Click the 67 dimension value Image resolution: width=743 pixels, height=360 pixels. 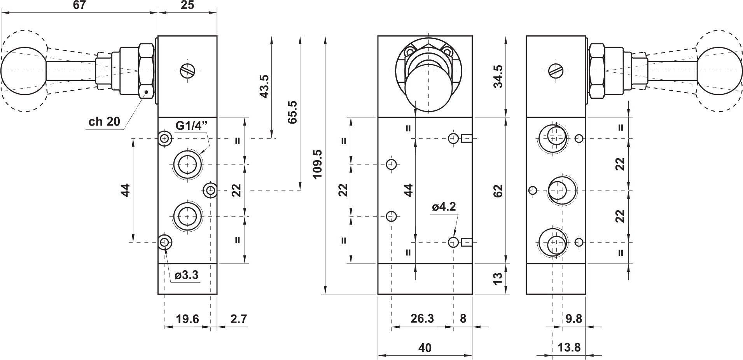79,5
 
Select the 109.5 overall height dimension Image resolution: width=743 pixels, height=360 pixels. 318,164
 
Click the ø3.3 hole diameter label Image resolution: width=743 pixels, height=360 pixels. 187,275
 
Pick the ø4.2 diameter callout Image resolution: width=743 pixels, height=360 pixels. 444,207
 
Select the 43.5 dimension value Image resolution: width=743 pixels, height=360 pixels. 264,86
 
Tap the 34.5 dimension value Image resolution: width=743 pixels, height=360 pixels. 498,76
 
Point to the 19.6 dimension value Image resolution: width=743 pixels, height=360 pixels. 187,319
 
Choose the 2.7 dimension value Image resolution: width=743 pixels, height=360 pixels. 238,319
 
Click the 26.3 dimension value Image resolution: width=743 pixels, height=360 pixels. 422,318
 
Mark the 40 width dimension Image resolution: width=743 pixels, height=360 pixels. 425,348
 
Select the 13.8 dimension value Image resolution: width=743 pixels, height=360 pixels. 570,347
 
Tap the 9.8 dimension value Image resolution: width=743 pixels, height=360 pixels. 574,318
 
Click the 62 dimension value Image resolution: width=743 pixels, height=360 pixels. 498,190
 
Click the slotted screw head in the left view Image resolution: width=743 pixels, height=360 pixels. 187,71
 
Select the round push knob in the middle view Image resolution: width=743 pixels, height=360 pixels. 429,91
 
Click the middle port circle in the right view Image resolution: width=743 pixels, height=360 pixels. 562,190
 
